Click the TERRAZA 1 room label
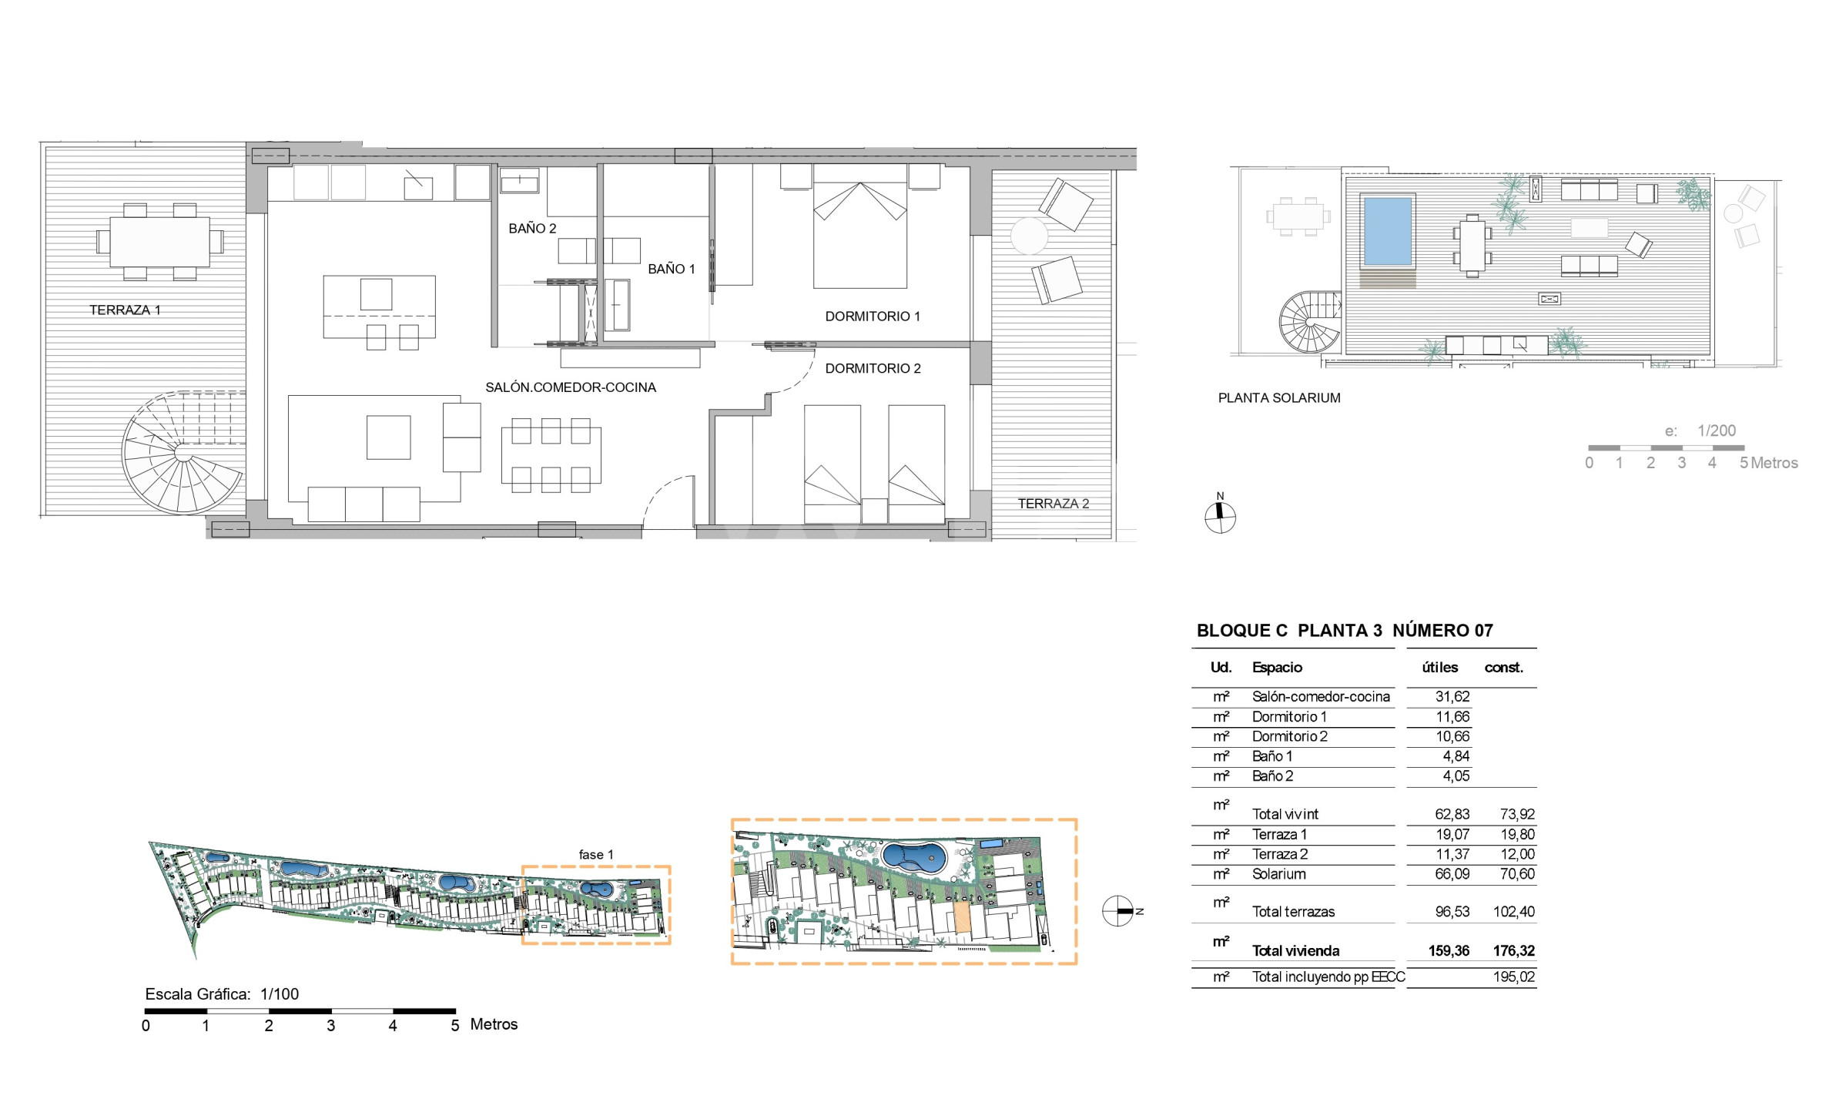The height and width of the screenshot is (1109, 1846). pos(125,310)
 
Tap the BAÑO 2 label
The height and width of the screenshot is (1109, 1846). pos(532,229)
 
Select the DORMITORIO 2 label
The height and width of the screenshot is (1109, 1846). pos(873,369)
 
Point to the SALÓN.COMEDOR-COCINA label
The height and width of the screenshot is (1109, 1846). pos(571,387)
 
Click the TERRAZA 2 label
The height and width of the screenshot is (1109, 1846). pos(1054,504)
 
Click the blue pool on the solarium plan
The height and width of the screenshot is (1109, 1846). pos(1388,231)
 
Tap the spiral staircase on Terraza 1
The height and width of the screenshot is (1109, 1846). pos(183,452)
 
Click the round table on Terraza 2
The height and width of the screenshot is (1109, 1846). pos(1029,236)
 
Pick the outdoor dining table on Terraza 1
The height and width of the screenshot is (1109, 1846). pos(160,242)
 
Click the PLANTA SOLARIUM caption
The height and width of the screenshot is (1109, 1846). pos(1279,398)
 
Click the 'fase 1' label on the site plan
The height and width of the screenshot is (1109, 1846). pos(596,855)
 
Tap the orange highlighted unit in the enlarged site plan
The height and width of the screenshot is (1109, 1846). pos(961,918)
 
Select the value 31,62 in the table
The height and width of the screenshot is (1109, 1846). pos(1452,697)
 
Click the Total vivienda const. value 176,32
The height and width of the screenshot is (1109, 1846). pos(1514,951)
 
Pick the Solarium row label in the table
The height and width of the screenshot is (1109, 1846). pos(1278,874)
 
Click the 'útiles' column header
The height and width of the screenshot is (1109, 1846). pos(1440,668)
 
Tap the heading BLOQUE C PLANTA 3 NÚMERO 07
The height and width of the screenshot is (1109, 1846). pos(1345,631)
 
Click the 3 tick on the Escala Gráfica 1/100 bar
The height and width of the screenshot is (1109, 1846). pos(331,1026)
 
